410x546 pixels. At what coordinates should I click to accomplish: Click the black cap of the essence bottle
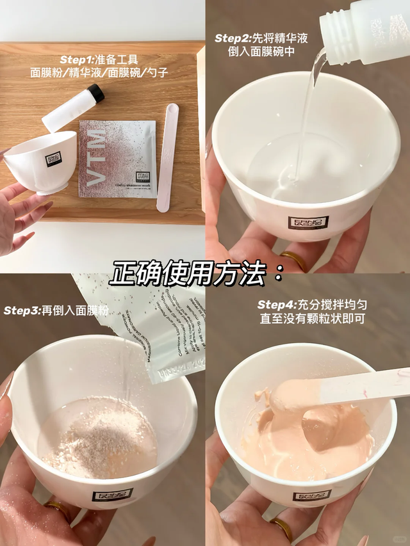96,93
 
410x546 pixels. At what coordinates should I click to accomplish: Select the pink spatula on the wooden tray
168,157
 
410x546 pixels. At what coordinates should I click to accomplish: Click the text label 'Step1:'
78,60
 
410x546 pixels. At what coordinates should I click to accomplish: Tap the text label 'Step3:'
22,310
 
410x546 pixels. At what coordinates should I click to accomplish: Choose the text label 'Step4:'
276,305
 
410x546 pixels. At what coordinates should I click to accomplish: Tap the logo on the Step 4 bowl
312,495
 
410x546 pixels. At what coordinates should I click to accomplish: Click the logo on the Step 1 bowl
54,158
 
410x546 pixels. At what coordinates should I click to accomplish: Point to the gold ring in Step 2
294,259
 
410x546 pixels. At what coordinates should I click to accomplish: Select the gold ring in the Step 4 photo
281,527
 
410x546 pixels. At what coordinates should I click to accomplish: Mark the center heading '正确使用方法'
196,275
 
